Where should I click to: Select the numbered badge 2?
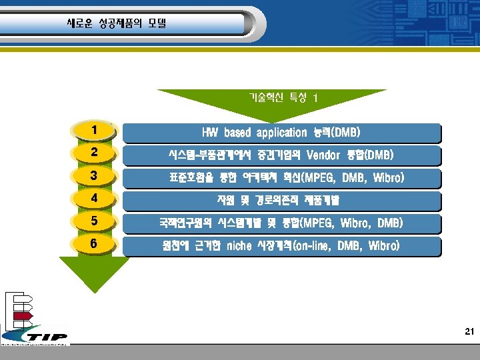point(95,153)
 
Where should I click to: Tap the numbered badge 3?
point(95,176)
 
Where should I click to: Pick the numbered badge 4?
point(95,199)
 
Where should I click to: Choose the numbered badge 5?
point(95,221)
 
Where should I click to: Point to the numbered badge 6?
point(95,244)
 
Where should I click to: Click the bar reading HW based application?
point(281,133)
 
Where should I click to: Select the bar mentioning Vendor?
point(281,155)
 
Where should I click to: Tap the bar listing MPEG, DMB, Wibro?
point(281,178)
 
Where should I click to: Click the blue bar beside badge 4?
point(281,201)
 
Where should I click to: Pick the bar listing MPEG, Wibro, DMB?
point(281,223)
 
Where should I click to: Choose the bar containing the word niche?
point(281,246)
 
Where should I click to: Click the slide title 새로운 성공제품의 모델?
point(116,23)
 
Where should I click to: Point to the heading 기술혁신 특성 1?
point(283,97)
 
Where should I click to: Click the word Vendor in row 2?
point(323,155)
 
